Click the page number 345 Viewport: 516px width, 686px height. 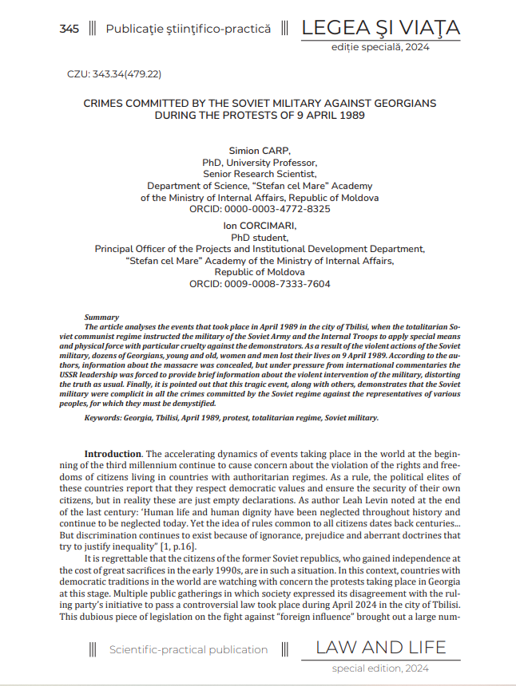tap(69, 30)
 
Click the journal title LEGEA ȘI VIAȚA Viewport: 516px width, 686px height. tap(380, 28)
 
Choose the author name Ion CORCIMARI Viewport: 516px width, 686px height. tap(260, 226)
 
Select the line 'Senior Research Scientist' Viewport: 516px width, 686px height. tap(260, 173)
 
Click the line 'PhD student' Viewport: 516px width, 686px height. tap(260, 237)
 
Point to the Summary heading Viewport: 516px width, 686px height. tap(101, 317)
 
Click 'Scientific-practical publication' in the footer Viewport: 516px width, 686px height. tap(189, 649)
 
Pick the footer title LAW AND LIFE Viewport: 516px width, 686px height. tap(381, 647)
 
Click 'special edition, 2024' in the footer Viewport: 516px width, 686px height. tap(380, 668)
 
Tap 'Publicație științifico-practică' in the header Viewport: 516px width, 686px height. tap(189, 30)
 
